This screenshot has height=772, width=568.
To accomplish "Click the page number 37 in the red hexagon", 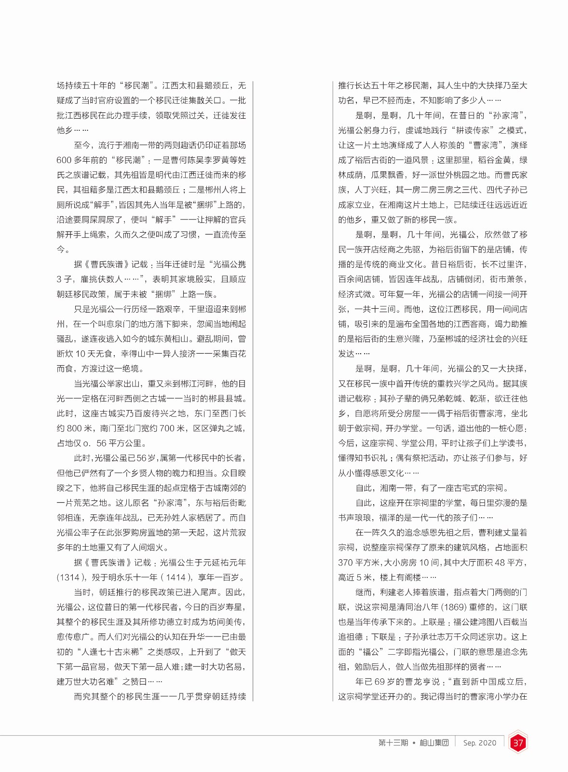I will pyautogui.click(x=518, y=743).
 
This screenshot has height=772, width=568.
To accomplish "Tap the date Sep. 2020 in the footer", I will pyautogui.click(x=479, y=743).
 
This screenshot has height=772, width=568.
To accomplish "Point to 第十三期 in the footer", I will pyautogui.click(x=393, y=743).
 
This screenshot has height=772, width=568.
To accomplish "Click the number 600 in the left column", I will pyautogui.click(x=64, y=160).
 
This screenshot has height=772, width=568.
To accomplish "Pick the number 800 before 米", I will pyautogui.click(x=74, y=428).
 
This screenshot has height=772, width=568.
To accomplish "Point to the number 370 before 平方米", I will pyautogui.click(x=346, y=563).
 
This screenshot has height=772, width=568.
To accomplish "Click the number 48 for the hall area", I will pyautogui.click(x=500, y=563).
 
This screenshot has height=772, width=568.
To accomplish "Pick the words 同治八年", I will pyautogui.click(x=408, y=607).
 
